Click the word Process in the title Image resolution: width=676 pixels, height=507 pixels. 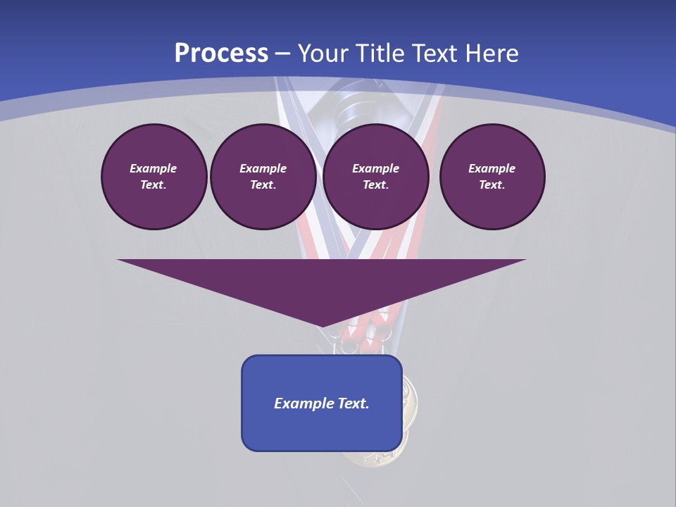221,54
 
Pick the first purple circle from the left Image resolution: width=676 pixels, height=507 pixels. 154,177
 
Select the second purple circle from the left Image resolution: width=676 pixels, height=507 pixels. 263,177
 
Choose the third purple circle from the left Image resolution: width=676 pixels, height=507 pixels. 375,177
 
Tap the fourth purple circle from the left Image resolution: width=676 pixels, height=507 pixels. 492,177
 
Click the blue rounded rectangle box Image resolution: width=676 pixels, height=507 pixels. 322,430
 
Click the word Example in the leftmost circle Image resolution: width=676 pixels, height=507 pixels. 154,168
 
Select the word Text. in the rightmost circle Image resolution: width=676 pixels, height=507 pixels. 492,184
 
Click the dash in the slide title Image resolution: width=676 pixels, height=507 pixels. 282,54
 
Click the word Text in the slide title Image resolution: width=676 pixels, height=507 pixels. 434,54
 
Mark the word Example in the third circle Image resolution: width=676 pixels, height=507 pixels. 375,168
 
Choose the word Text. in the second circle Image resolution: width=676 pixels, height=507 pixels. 263,184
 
